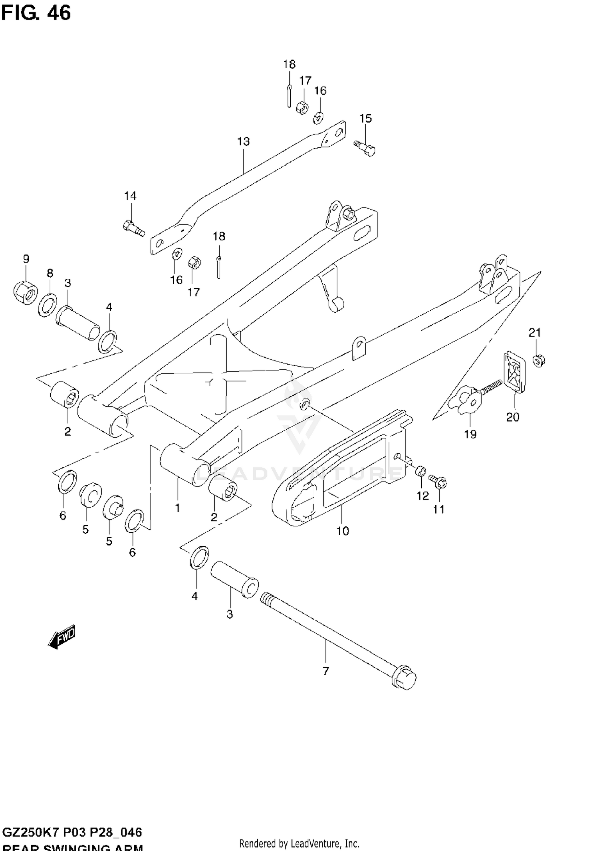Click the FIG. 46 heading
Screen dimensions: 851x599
36,13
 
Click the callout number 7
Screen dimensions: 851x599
326,671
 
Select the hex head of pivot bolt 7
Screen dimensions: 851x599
405,678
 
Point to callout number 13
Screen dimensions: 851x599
243,141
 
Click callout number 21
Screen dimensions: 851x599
535,332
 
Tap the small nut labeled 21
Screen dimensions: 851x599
539,361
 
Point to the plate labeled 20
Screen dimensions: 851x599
514,371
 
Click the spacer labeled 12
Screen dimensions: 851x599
420,471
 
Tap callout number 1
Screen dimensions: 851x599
177,508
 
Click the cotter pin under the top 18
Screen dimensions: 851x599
288,96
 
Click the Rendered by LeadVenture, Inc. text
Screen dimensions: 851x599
299,843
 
